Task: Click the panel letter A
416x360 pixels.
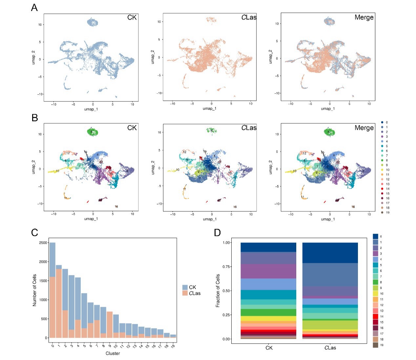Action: pos(34,8)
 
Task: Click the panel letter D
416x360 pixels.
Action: pos(217,233)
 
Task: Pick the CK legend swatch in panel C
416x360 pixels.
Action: pos(185,287)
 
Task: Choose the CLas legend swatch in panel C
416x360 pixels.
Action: pos(185,293)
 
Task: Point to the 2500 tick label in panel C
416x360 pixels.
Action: pos(43,243)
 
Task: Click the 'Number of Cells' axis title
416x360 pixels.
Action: pos(34,290)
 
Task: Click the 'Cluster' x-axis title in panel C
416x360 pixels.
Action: pos(113,353)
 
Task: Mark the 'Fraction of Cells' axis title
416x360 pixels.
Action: pos(218,291)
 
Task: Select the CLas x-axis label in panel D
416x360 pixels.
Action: pos(330,348)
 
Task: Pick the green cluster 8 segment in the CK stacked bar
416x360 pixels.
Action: pos(268,312)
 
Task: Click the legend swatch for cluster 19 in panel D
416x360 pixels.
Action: pos(376,345)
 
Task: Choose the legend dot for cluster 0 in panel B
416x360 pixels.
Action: pos(382,122)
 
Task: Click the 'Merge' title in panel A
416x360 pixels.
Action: pos(364,17)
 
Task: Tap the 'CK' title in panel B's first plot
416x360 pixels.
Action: pos(132,128)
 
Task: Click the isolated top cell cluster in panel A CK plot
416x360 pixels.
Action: pos(93,23)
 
